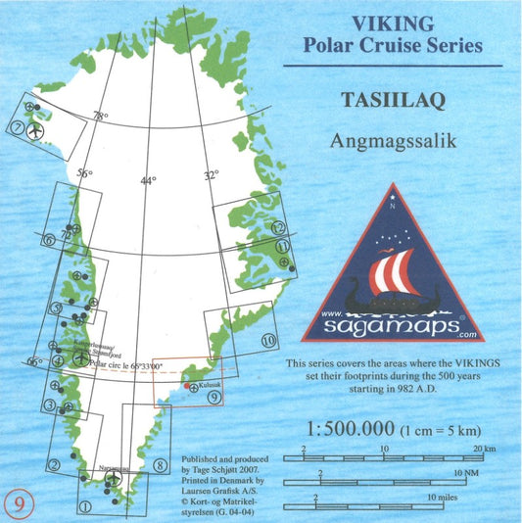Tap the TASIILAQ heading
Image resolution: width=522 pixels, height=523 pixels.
391,100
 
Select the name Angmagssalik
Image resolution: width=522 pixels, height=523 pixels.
391,139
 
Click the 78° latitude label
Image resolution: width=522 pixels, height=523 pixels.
100,117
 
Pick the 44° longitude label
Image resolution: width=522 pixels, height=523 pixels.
148,180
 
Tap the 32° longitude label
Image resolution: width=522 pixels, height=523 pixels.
211,176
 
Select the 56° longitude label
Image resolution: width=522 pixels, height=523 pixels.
85,174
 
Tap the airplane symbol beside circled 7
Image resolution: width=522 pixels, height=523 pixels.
37,128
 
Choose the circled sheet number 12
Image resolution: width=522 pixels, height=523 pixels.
279,227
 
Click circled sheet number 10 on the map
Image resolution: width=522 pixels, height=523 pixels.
269,341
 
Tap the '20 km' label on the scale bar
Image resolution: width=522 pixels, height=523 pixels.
477,450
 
